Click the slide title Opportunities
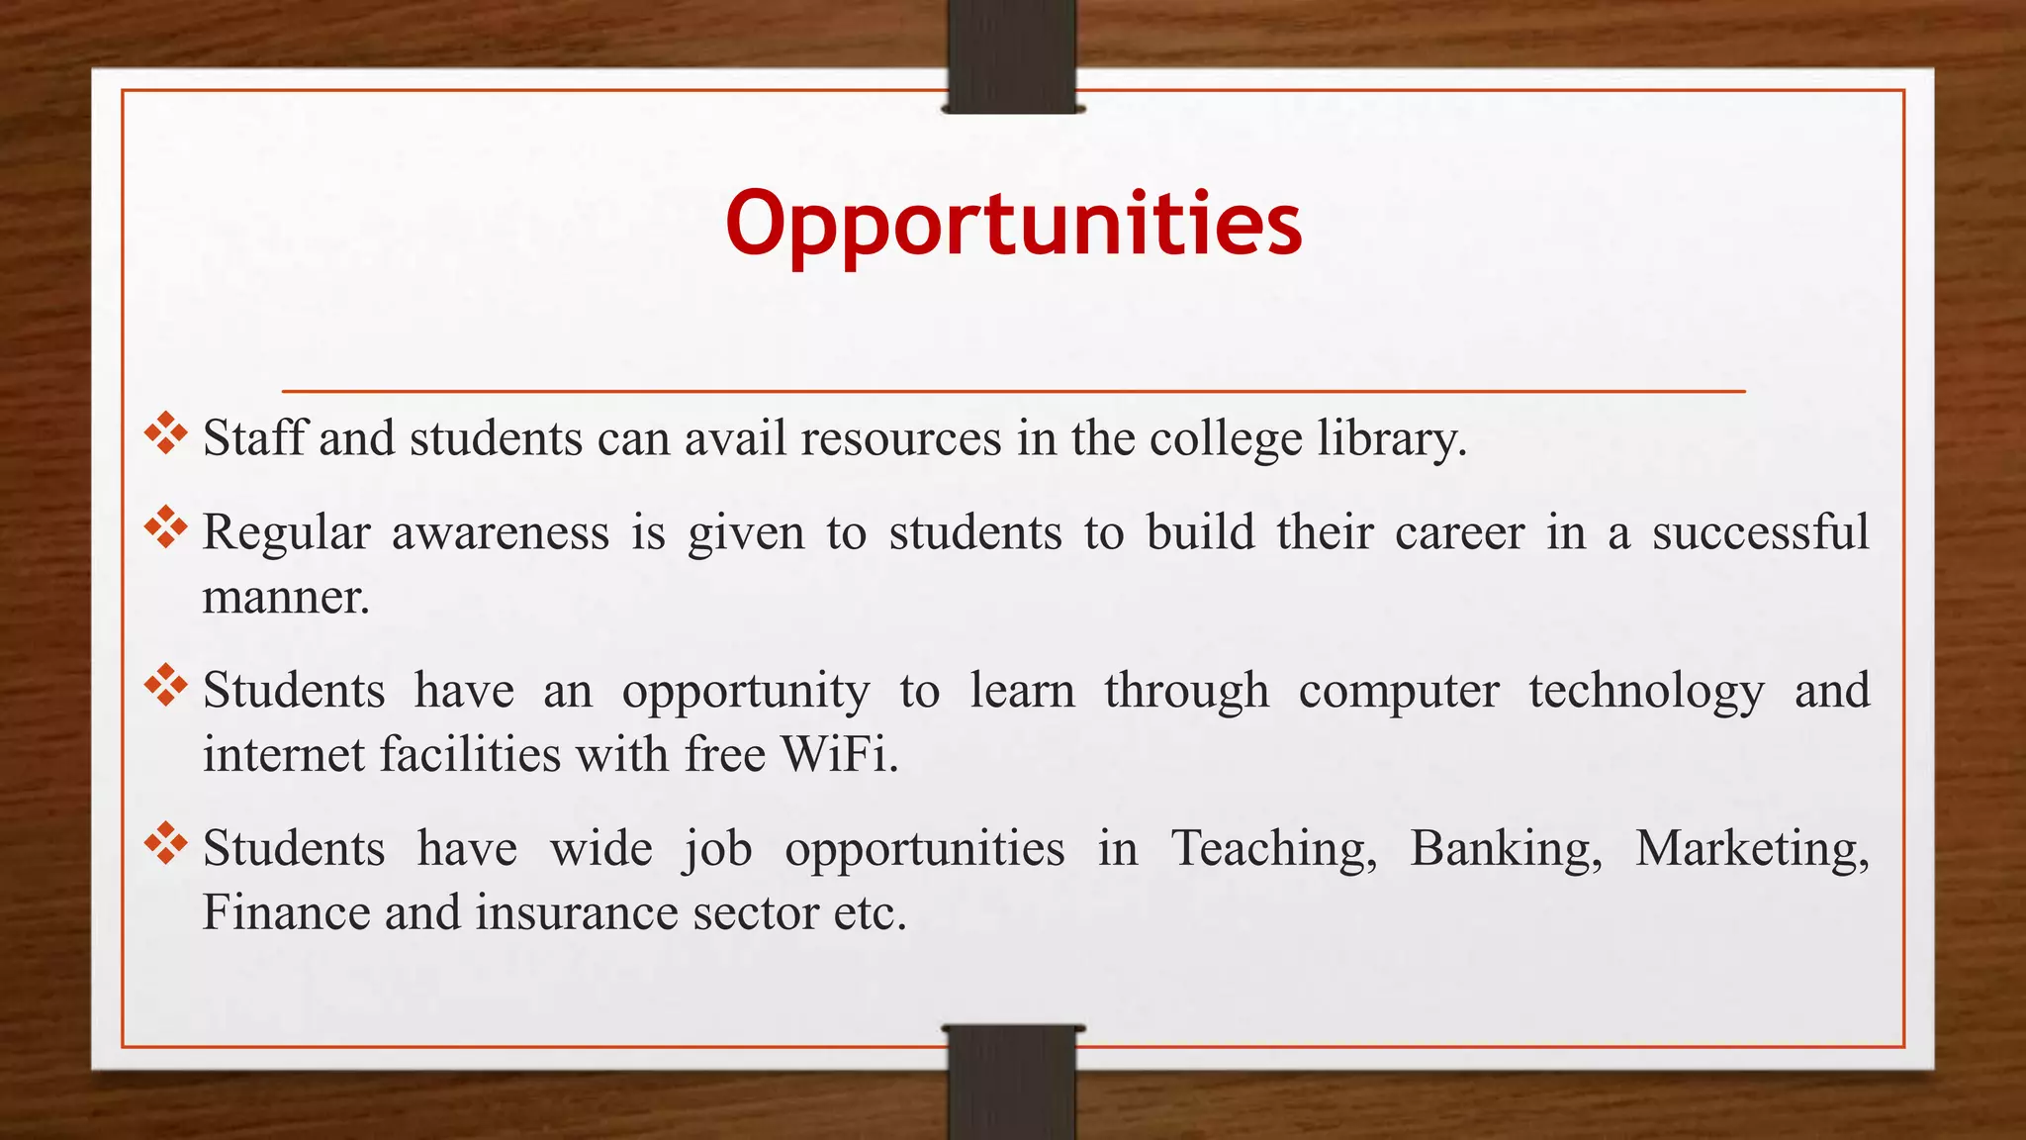[1013, 224]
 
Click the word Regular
[286, 533]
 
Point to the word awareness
[501, 533]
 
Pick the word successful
[1760, 531]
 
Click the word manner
[286, 597]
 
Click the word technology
[1646, 691]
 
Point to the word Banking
[1506, 849]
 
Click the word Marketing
[1752, 849]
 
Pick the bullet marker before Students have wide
[165, 843]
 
